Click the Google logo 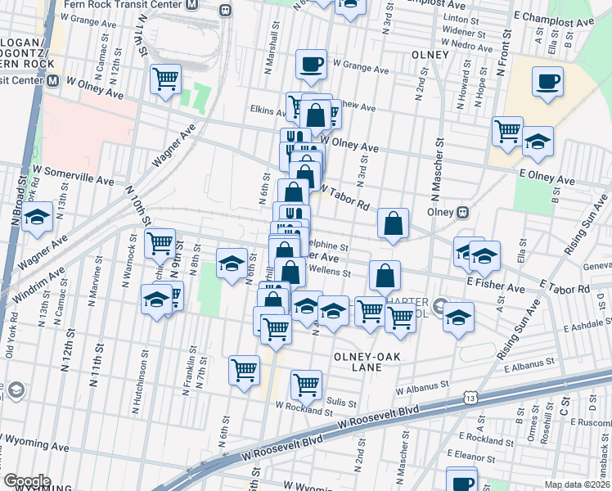coord(27,480)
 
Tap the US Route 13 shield coord(470,397)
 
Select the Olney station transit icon coord(462,211)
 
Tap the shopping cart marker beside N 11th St coord(165,80)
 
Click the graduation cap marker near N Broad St coord(36,218)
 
